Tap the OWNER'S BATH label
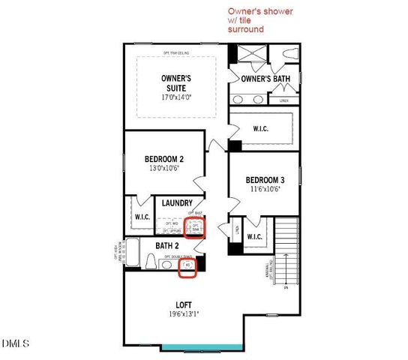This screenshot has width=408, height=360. click(x=264, y=78)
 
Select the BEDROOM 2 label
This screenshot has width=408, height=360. click(x=163, y=158)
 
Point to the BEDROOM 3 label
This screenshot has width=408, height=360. click(x=265, y=179)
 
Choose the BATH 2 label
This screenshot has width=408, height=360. click(x=166, y=245)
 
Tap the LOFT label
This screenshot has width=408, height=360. click(x=184, y=304)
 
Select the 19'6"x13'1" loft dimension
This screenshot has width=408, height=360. click(x=184, y=315)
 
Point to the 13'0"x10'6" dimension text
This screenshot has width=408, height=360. click(x=163, y=169)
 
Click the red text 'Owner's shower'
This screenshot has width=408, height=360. click(x=260, y=12)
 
